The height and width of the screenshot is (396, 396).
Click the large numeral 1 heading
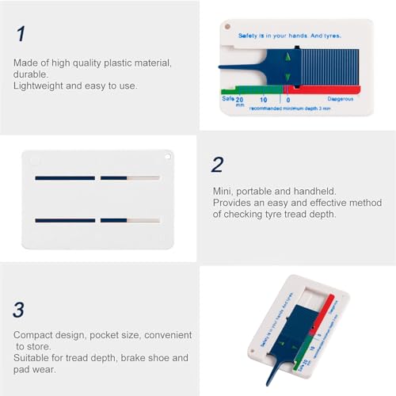coord(19,34)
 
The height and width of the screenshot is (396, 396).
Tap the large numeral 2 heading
coord(217,164)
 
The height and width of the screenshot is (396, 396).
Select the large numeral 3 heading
coord(19,308)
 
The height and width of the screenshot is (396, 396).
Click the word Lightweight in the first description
coord(36,86)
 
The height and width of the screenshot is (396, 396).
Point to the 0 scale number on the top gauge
coord(287,100)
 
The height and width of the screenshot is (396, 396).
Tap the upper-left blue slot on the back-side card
coord(65,177)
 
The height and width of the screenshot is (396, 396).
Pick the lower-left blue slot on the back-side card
coord(65,219)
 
